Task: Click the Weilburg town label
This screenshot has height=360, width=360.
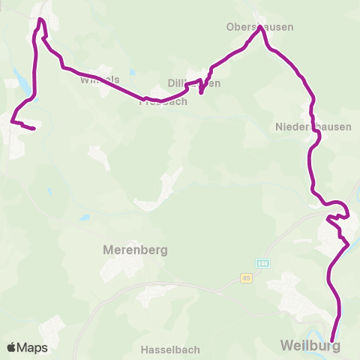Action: [310, 346]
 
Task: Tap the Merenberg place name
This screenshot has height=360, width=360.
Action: [134, 250]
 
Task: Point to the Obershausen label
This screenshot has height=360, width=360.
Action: [259, 27]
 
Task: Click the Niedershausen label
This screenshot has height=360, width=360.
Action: [313, 127]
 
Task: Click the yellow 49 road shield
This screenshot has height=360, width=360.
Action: [246, 278]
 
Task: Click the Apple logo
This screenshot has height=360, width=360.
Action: [11, 347]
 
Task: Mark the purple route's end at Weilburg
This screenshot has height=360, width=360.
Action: [332, 340]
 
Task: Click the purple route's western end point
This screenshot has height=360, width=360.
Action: [34, 129]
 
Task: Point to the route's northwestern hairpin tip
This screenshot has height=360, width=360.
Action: [40, 19]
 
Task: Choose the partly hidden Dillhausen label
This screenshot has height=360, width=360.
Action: [194, 84]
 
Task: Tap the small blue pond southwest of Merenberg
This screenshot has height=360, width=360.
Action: [85, 217]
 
